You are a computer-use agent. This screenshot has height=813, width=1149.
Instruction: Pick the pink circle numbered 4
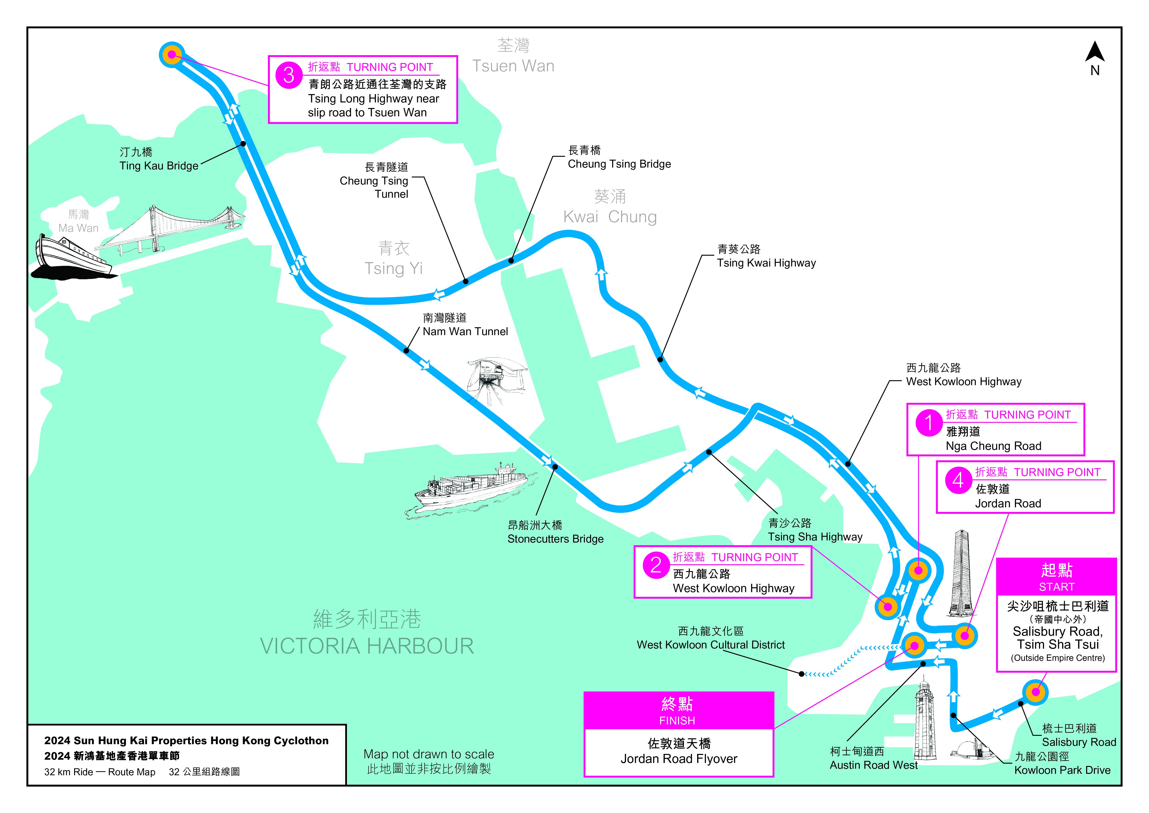(x=958, y=481)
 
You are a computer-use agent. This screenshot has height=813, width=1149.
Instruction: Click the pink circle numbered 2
(x=656, y=566)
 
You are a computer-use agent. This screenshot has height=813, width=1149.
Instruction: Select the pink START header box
(x=1056, y=577)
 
